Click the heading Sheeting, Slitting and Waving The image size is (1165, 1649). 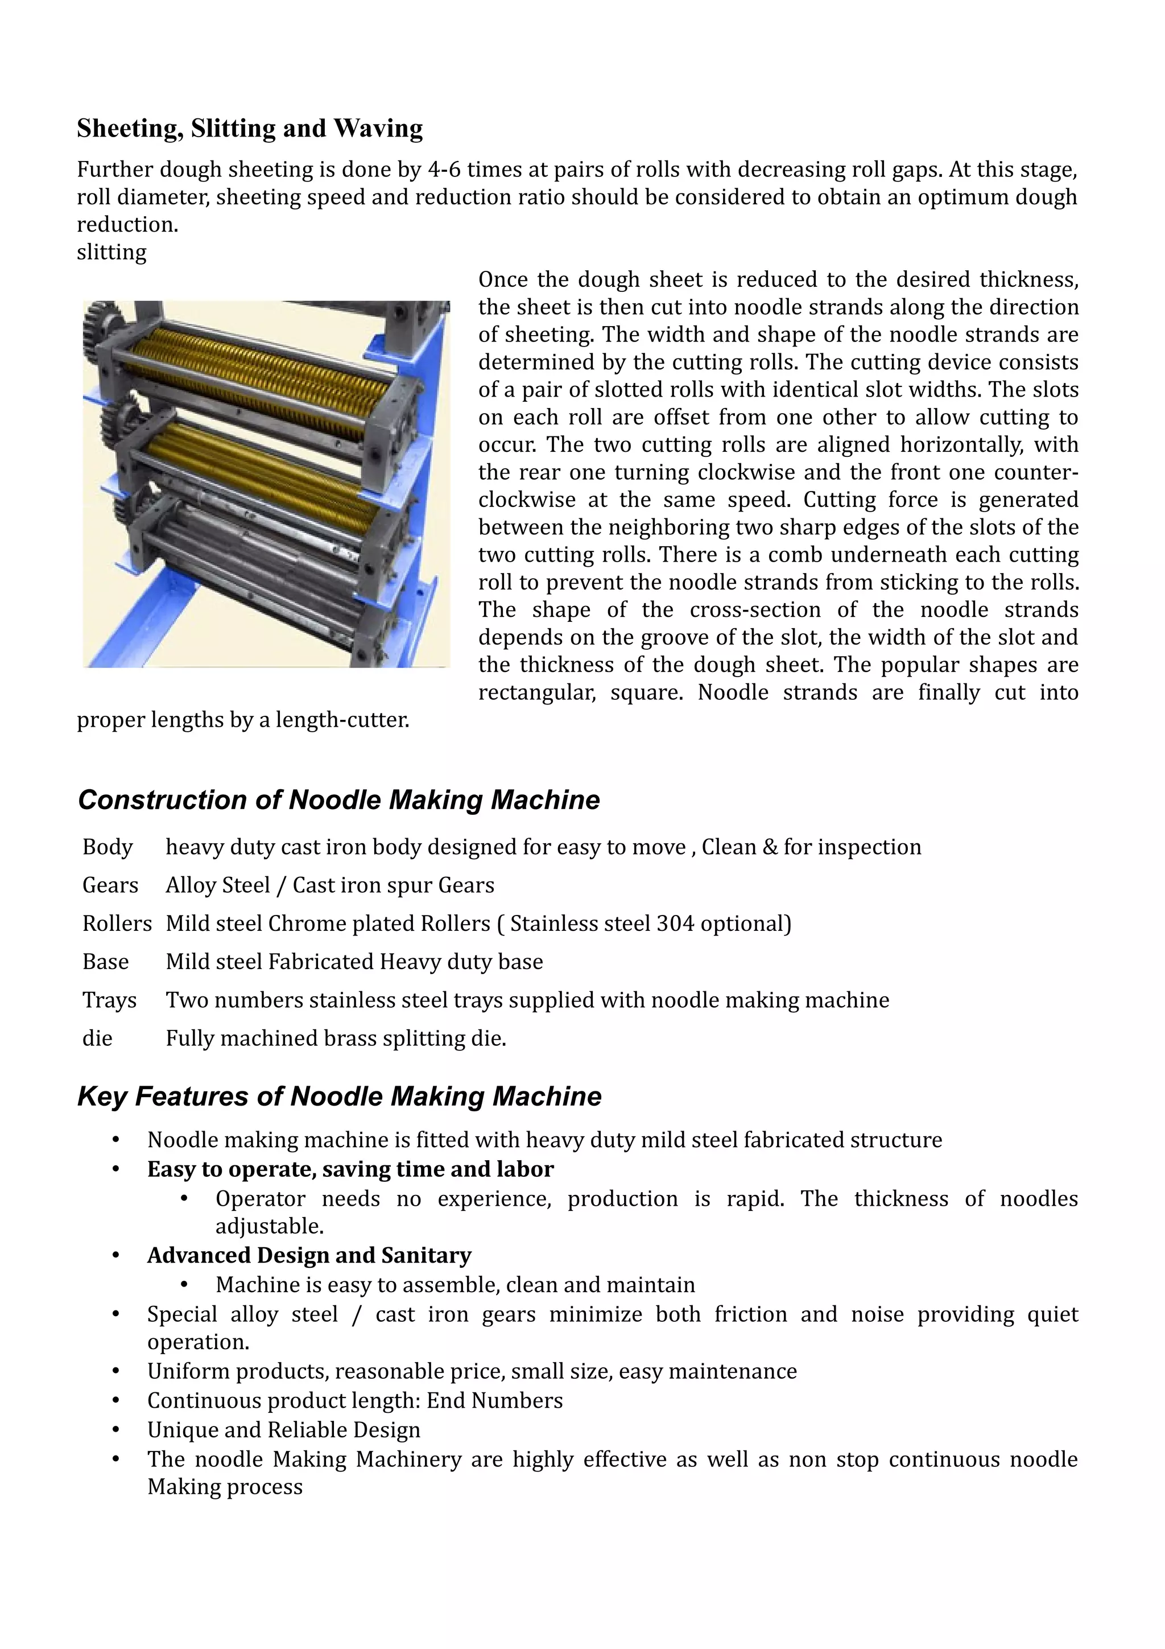[249, 129]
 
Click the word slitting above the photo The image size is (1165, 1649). [111, 252]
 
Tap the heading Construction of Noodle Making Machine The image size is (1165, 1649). [338, 800]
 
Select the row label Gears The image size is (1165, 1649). [110, 885]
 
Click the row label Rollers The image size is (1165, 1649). [117, 923]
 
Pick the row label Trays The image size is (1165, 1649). [109, 1000]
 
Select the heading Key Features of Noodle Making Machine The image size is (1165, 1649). [339, 1096]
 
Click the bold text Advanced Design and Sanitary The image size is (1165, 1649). [309, 1255]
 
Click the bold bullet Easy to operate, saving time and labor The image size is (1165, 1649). [350, 1169]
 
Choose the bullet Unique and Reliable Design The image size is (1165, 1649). [283, 1430]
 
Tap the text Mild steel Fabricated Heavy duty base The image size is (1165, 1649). [354, 962]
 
